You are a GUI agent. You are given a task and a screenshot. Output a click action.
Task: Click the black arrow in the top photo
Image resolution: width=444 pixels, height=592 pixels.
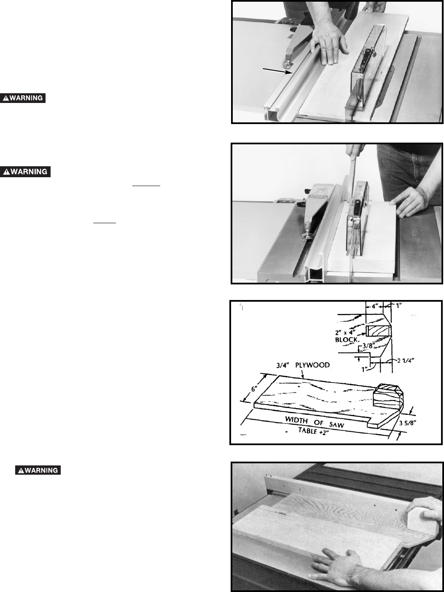[277, 71]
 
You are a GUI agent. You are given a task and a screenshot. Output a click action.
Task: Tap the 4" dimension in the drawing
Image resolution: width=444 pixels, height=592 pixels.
[375, 306]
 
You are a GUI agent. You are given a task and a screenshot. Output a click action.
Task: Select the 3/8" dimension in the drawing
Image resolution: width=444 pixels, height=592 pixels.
[368, 346]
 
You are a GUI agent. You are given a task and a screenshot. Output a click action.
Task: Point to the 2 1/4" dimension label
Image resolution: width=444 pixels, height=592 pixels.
[406, 360]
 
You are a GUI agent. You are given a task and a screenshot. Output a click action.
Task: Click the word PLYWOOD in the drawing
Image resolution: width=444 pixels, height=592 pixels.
[312, 365]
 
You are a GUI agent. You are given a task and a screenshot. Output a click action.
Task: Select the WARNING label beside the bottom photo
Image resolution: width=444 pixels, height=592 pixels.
[38, 470]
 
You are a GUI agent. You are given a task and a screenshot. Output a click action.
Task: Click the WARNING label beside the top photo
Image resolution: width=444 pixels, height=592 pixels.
[23, 98]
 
